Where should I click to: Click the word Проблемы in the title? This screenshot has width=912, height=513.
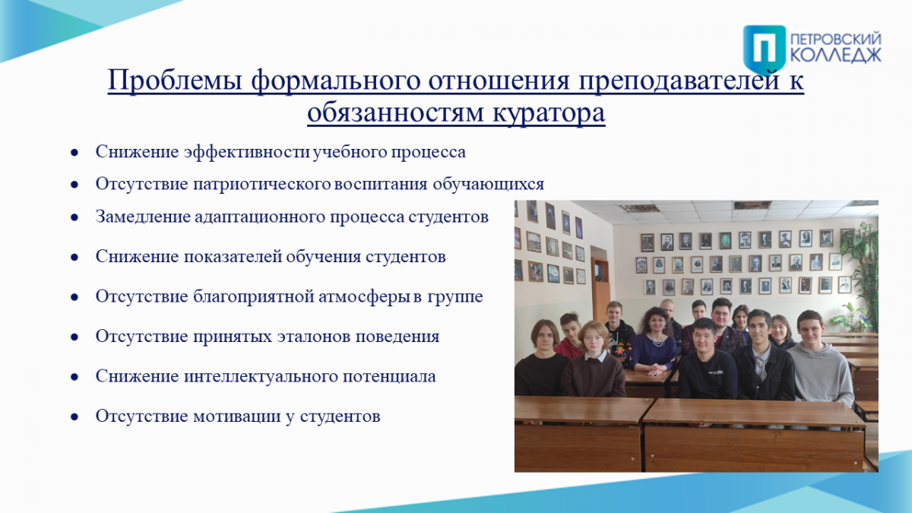pyautogui.click(x=176, y=81)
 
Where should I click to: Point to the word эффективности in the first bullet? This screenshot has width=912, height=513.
pyautogui.click(x=246, y=152)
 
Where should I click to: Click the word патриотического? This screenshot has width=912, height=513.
pyautogui.click(x=261, y=185)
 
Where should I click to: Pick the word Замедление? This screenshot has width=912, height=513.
pyautogui.click(x=143, y=217)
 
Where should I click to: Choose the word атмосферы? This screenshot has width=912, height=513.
pyautogui.click(x=363, y=297)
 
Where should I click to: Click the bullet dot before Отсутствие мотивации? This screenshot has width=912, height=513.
pyautogui.click(x=74, y=417)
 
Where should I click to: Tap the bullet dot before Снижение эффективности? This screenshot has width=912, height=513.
pyautogui.click(x=74, y=153)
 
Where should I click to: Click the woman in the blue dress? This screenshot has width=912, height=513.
pyautogui.click(x=654, y=341)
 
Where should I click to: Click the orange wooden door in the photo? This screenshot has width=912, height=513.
pyautogui.click(x=601, y=292)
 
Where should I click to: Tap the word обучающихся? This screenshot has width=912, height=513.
pyautogui.click(x=488, y=185)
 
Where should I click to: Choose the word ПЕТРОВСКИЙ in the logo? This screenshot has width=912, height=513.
pyautogui.click(x=835, y=40)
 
